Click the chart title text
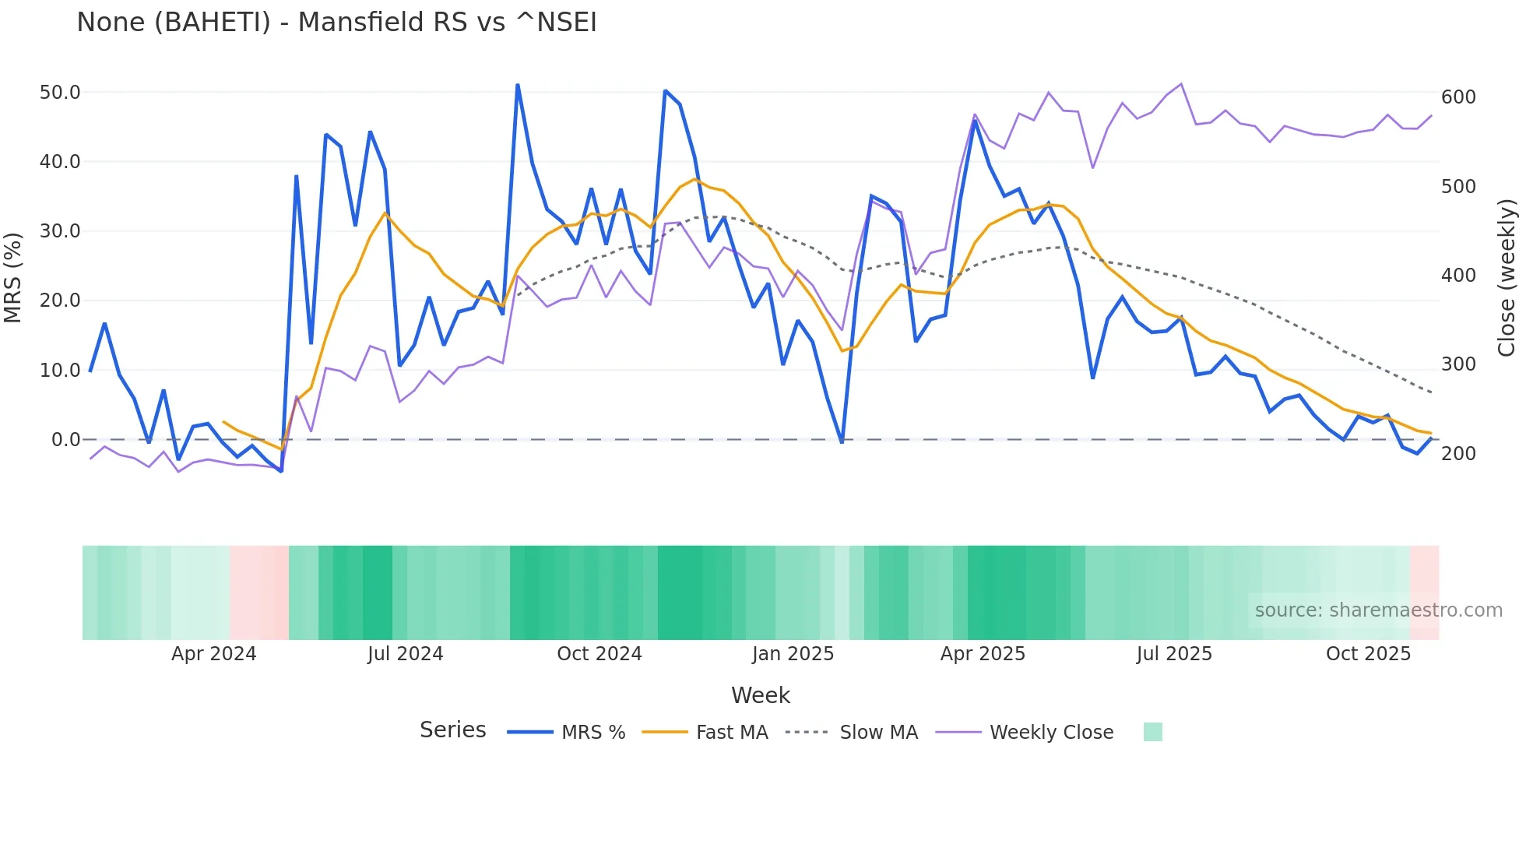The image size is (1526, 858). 336,23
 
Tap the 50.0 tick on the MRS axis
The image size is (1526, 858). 60,93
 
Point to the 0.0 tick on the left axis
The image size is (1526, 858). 65,440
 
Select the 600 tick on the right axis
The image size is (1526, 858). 1458,97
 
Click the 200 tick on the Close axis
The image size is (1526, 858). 1458,454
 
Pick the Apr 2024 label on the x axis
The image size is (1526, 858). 213,654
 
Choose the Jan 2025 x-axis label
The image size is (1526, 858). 793,654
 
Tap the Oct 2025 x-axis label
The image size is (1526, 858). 1368,654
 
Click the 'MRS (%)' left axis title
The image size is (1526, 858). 12,278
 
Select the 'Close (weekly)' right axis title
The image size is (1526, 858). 1507,278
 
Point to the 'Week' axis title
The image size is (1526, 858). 760,695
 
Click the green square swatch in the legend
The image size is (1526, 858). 1152,732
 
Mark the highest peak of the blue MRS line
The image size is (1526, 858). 518,85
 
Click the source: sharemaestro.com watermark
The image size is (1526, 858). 1378,610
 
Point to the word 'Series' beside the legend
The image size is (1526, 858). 452,730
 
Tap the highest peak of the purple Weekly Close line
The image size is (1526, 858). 1181,84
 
